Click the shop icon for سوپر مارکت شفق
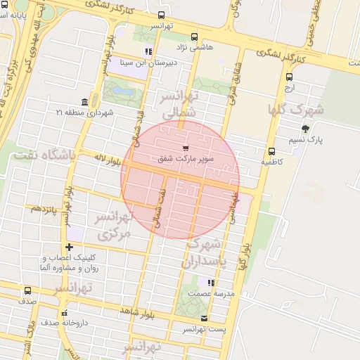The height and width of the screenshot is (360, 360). click(x=185, y=148)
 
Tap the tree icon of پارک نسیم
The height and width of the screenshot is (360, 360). click(x=304, y=128)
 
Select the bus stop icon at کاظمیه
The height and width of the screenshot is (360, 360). click(x=271, y=150)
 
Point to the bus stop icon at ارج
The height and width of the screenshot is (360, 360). click(x=289, y=77)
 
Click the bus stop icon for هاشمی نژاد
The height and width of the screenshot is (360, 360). click(x=195, y=38)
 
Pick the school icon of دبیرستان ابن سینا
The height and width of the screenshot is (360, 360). click(x=148, y=51)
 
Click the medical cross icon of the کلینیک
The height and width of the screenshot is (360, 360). click(x=69, y=247)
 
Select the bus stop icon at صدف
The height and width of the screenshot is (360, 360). click(x=28, y=290)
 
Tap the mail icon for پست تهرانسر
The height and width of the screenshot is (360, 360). click(x=205, y=318)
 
